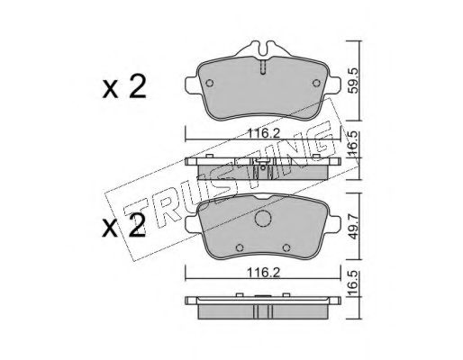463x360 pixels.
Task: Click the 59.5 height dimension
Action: [355, 81]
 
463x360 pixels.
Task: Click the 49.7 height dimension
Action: [355, 227]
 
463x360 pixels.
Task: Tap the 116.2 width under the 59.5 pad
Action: [263, 133]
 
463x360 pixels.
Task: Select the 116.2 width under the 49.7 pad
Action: [263, 273]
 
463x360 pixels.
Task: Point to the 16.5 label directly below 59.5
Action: [355, 143]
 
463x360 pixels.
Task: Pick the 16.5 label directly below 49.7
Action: [355, 283]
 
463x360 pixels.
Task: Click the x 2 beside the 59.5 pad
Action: [124, 86]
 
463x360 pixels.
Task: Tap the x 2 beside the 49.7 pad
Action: [124, 226]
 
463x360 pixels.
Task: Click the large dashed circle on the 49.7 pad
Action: [263, 218]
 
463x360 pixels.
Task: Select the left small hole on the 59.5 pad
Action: [210, 83]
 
